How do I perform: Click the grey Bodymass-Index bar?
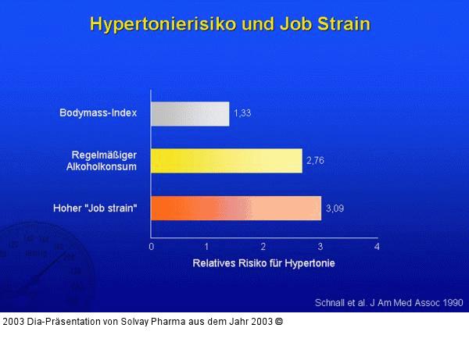(x=190, y=114)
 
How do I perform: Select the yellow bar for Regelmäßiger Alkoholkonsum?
(x=226, y=160)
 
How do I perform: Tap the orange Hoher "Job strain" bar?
(x=235, y=209)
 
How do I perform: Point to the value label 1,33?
(x=244, y=114)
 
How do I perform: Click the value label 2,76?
(x=315, y=161)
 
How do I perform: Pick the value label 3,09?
(x=334, y=209)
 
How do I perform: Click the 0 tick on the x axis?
(x=151, y=246)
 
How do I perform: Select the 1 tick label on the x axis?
(x=207, y=246)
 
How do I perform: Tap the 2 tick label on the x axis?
(x=263, y=246)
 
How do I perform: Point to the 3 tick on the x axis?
(x=320, y=246)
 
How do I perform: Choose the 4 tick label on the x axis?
(x=377, y=246)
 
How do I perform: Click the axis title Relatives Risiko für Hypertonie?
(x=263, y=263)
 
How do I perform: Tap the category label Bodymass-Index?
(x=98, y=113)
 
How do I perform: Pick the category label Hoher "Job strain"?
(x=95, y=208)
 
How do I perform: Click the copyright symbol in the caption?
(x=278, y=321)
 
